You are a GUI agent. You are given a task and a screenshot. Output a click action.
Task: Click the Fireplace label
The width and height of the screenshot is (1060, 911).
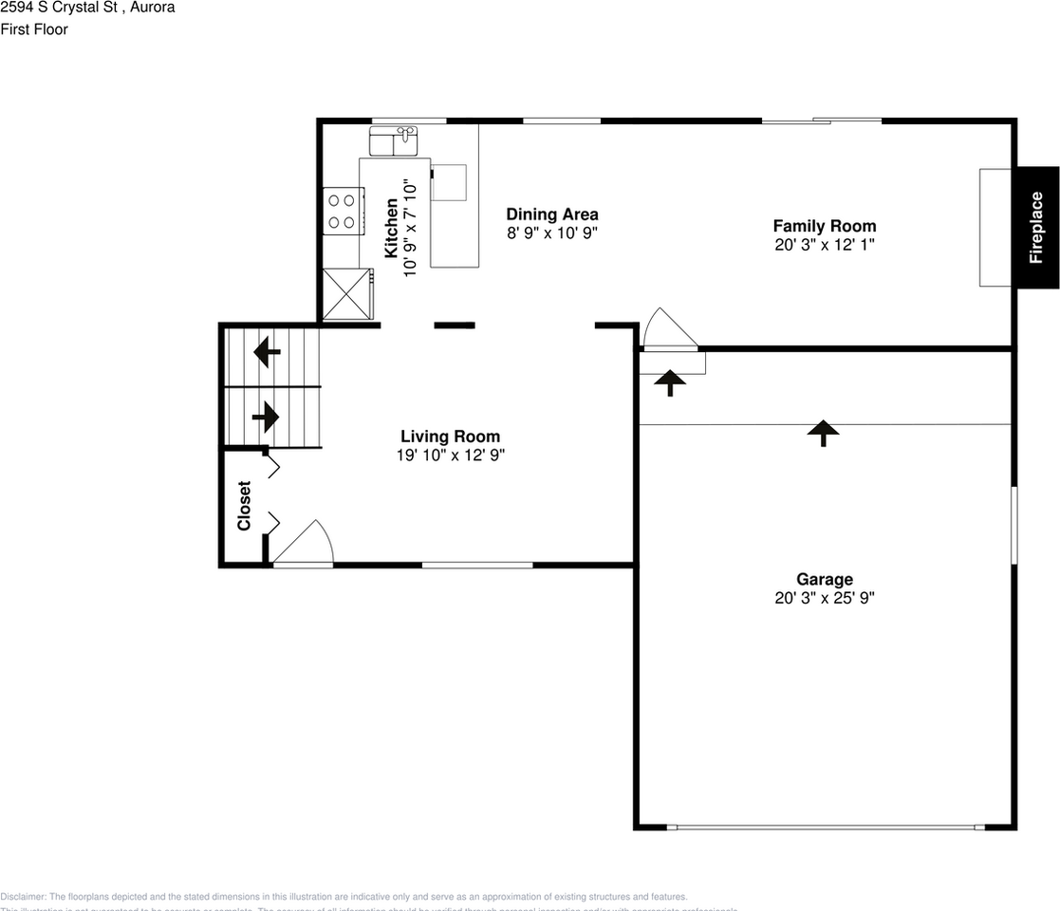tap(1036, 228)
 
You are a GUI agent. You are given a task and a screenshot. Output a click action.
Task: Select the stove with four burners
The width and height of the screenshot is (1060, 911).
tap(343, 212)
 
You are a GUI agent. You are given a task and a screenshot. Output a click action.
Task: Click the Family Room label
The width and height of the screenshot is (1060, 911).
tap(824, 226)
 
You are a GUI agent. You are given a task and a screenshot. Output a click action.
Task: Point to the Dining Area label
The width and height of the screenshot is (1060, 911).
tap(551, 214)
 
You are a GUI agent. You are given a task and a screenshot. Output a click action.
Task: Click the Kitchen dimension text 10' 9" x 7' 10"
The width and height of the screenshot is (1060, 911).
tap(410, 228)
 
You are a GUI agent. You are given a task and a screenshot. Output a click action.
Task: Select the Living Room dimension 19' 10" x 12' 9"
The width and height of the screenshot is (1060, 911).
tap(450, 455)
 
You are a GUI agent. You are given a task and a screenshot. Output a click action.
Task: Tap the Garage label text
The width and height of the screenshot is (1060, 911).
tap(824, 579)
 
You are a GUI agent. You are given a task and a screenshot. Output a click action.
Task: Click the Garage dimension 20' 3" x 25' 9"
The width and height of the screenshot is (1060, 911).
tap(824, 598)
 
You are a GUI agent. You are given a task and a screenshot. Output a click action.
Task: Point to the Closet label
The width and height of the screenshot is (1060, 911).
tap(244, 506)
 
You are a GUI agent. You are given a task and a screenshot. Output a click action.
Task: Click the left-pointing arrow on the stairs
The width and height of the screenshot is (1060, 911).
tap(267, 354)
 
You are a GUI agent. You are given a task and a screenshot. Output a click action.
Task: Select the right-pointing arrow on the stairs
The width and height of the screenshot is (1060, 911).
tap(266, 417)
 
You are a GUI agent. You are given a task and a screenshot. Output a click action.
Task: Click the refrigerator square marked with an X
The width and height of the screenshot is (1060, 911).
tap(347, 294)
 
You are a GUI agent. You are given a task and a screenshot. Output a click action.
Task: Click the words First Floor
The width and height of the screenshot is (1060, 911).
tap(34, 29)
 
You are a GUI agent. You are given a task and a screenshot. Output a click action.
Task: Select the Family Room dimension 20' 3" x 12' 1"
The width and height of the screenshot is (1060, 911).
tap(824, 245)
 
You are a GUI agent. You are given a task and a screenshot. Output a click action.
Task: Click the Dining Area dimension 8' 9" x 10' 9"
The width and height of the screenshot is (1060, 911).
tap(551, 233)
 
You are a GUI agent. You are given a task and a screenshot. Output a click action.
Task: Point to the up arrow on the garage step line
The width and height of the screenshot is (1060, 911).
tap(822, 433)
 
